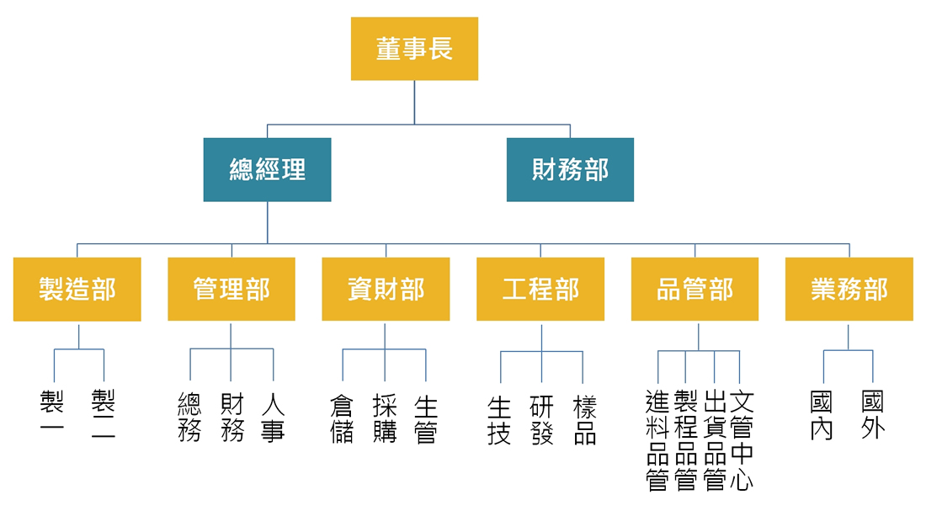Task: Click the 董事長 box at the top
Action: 414,49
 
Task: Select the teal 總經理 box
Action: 267,170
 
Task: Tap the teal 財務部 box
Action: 570,170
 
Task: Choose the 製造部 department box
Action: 77,290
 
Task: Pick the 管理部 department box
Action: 231,290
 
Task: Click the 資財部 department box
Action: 386,290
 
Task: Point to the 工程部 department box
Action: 540,290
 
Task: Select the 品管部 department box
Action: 694,290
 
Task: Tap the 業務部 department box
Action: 849,290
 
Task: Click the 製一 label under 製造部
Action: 52,413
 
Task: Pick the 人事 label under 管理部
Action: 273,418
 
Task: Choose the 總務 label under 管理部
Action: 189,418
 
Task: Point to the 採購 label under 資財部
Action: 385,419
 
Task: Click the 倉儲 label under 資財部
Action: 342,419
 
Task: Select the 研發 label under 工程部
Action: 541,420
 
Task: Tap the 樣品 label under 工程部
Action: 585,420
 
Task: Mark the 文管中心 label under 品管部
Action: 742,440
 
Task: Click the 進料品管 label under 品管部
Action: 657,440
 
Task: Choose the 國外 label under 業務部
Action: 873,414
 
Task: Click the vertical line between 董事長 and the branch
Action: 414,102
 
